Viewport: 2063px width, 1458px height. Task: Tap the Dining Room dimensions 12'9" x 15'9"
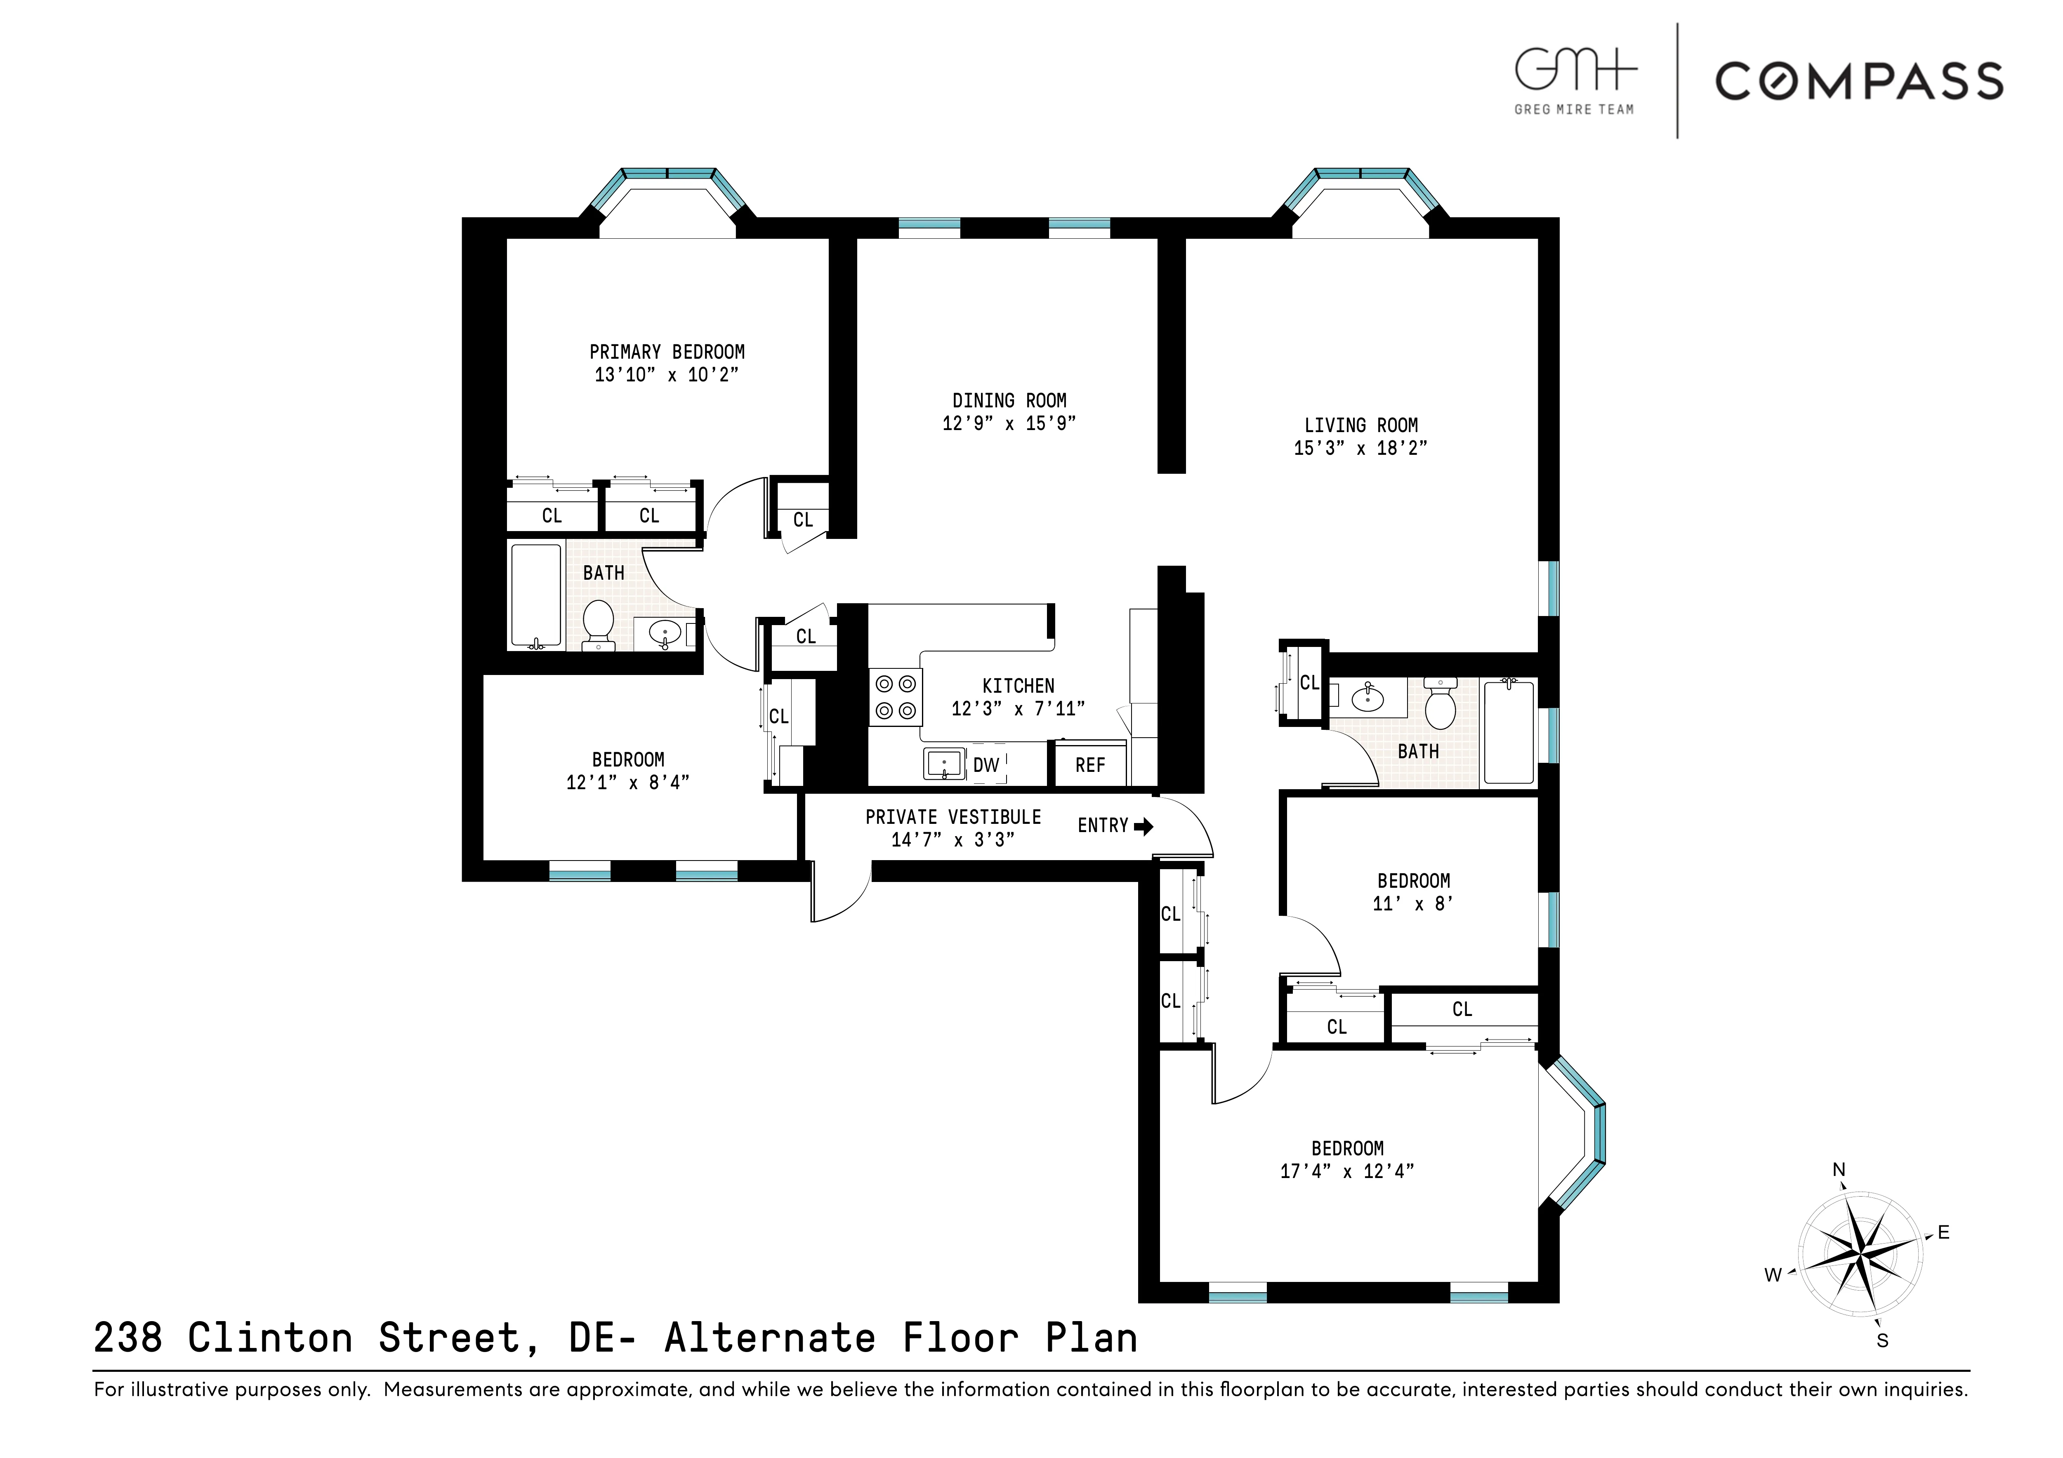pyautogui.click(x=1009, y=423)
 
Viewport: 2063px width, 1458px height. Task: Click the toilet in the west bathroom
pyautogui.click(x=597, y=623)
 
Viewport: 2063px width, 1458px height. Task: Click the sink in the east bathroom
pyautogui.click(x=1367, y=698)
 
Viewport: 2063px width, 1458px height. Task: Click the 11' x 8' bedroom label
pyautogui.click(x=1413, y=881)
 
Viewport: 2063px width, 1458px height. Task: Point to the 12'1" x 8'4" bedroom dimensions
pyautogui.click(x=627, y=783)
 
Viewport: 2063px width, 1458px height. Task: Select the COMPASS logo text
pyautogui.click(x=1859, y=81)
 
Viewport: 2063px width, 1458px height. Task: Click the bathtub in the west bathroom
pyautogui.click(x=535, y=595)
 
